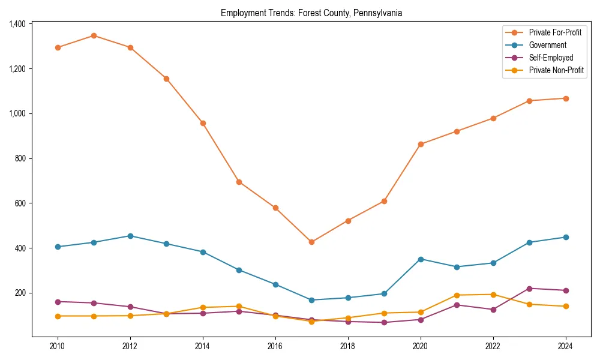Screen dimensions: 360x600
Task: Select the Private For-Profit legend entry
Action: tap(555, 32)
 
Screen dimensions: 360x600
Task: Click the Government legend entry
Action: tap(547, 45)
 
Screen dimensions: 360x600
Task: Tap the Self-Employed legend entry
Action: tap(551, 58)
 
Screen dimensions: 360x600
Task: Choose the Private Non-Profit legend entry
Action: tap(556, 70)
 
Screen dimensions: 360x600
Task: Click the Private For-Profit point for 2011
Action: tap(94, 35)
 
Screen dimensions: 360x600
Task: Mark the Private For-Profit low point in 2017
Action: tap(311, 242)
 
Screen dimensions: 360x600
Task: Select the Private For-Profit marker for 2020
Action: tap(421, 144)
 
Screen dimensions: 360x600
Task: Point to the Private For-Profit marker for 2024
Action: tap(566, 98)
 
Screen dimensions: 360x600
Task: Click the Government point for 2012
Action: tap(130, 236)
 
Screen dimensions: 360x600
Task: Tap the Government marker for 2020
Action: tap(421, 259)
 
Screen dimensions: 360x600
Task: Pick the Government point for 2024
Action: tap(566, 237)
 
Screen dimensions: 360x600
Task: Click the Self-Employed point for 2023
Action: tap(529, 289)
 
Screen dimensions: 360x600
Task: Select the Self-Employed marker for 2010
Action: tap(58, 302)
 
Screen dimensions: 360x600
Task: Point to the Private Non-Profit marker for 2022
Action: tap(493, 295)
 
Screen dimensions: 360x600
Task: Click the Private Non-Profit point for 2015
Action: tap(239, 307)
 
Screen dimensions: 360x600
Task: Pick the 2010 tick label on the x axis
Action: tap(58, 346)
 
